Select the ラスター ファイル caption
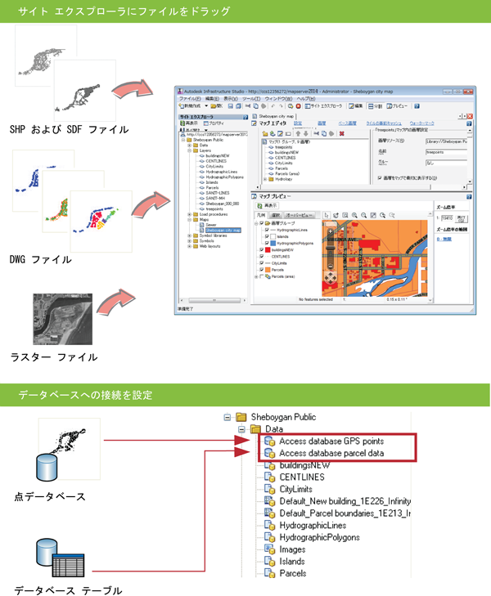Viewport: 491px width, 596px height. tap(54, 356)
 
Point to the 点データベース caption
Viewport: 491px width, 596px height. tap(48, 496)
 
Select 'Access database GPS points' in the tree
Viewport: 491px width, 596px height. tap(331, 441)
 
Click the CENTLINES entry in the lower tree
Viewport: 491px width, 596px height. tap(302, 477)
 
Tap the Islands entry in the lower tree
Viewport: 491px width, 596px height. tap(292, 562)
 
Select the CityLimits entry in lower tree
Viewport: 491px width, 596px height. tap(298, 489)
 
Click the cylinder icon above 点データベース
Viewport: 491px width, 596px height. tap(46, 468)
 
